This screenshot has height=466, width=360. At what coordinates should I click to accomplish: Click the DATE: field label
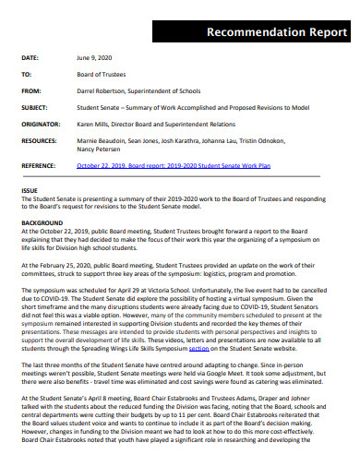point(31,57)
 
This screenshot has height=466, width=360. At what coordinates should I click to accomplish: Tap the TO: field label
point(27,74)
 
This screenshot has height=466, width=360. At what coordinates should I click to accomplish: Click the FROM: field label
point(31,90)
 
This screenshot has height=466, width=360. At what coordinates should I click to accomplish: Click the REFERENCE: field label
point(42,165)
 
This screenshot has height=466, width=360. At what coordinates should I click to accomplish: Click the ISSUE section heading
point(29,190)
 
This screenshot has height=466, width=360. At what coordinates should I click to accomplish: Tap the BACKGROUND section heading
point(42,222)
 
